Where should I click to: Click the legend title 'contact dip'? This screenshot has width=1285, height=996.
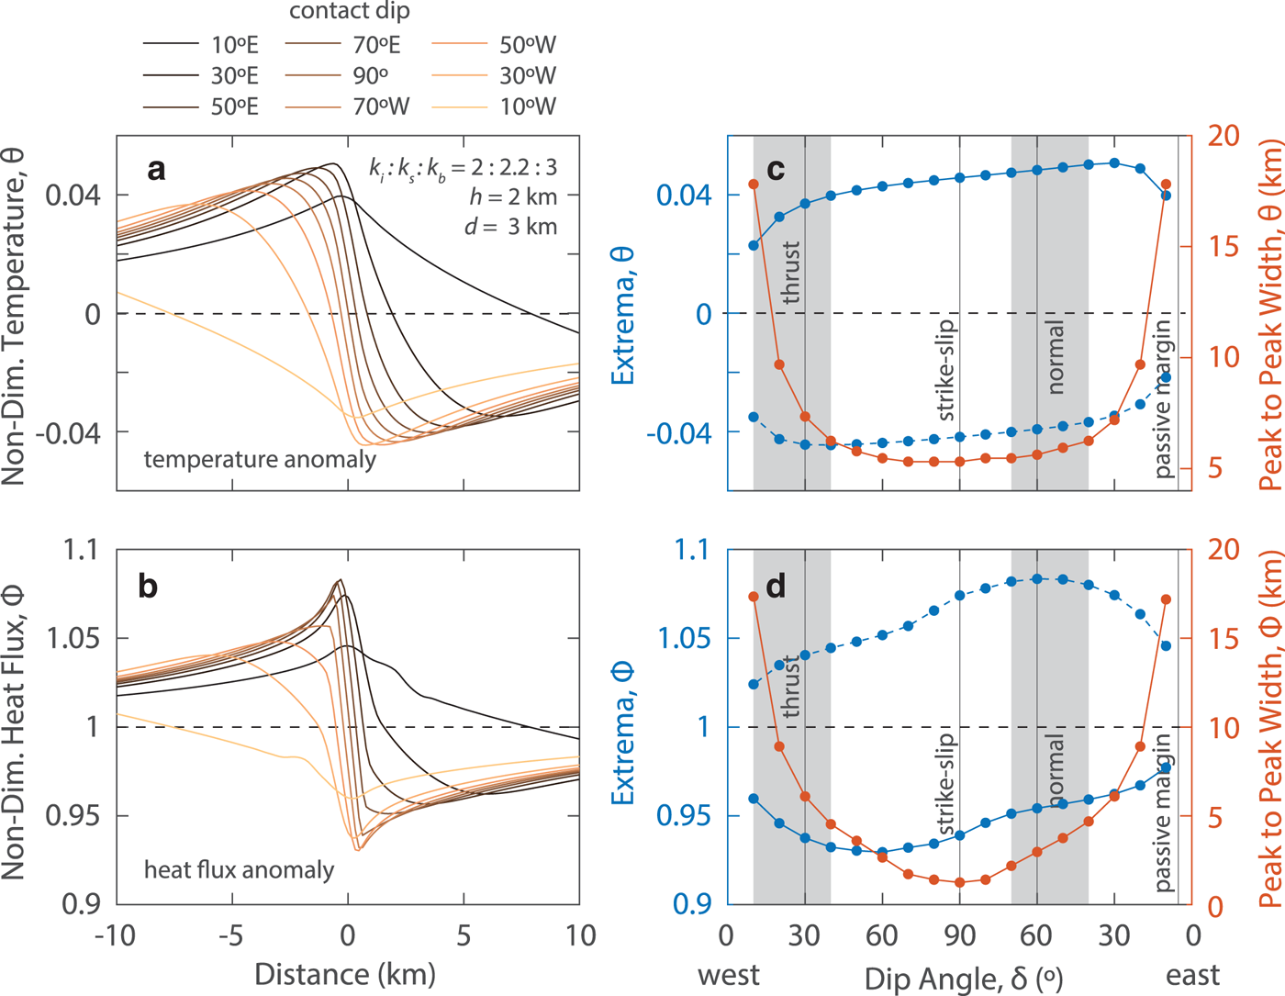coord(350,12)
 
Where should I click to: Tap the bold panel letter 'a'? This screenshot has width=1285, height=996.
coord(157,169)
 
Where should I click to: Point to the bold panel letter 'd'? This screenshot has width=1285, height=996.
coord(776,585)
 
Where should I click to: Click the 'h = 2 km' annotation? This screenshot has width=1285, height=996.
coord(513,196)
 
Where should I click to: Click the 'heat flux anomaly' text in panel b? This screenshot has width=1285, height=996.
coord(239,869)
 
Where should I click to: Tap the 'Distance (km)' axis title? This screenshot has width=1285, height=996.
coord(345,974)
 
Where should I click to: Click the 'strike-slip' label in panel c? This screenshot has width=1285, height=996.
coord(944,370)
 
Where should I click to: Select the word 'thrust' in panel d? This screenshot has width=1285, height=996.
coord(790,687)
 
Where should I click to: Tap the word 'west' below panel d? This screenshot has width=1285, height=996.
coord(729,975)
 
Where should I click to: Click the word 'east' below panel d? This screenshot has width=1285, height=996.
coord(1193,975)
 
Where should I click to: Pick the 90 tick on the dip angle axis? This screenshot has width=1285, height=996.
coord(959,936)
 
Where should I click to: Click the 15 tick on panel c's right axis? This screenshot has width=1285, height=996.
coord(1223,247)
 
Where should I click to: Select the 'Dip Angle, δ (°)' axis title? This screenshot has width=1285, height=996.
coord(964,979)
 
